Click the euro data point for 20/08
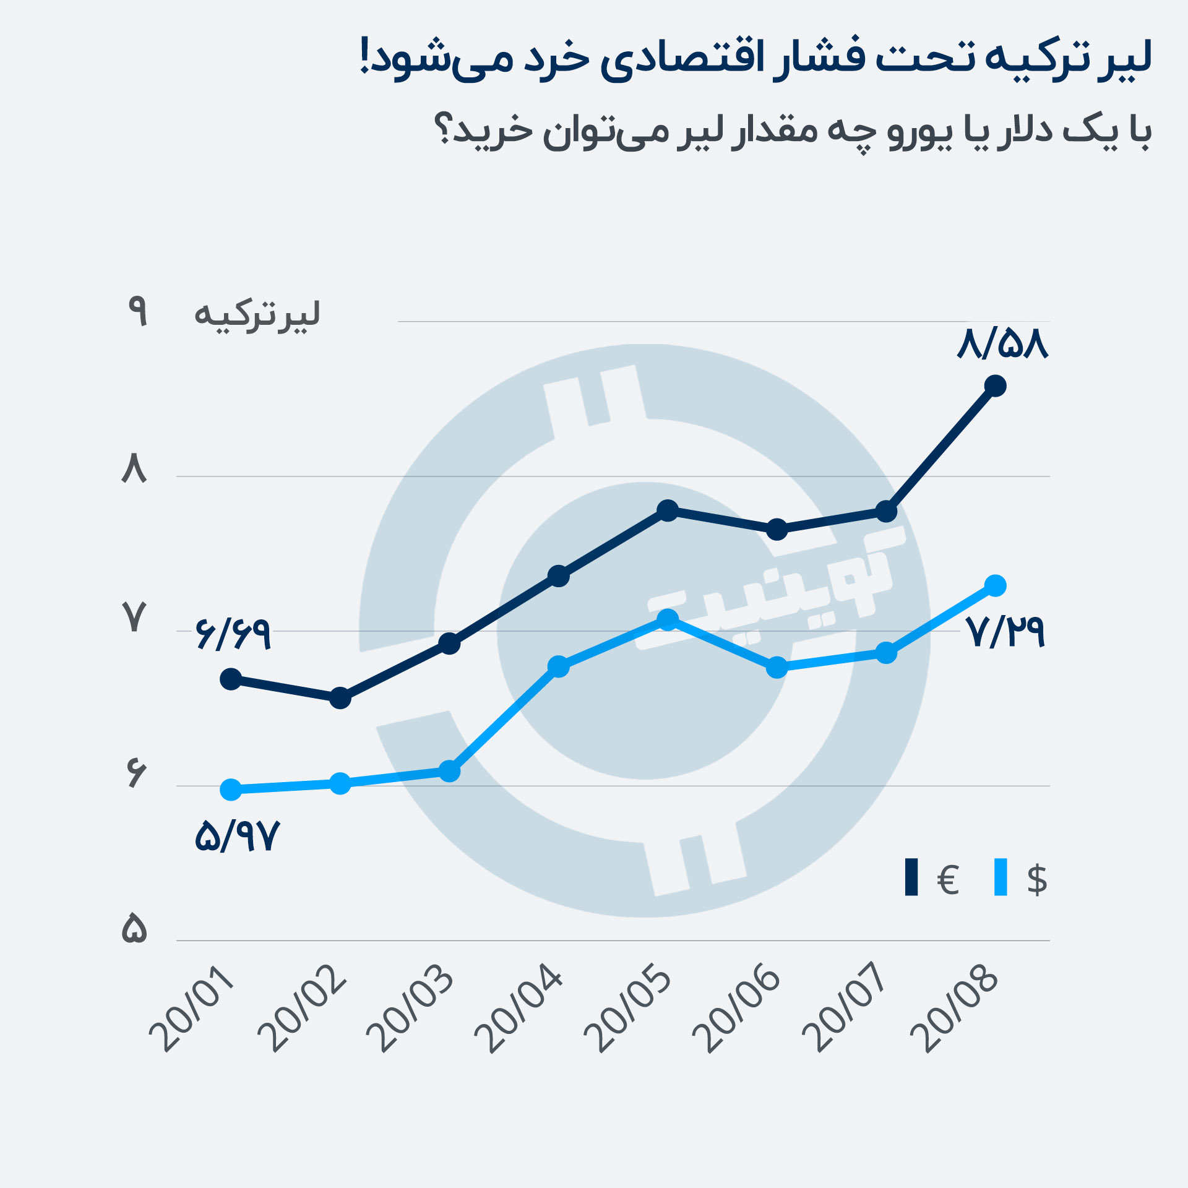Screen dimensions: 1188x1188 [995, 386]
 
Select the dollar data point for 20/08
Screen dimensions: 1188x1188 [995, 585]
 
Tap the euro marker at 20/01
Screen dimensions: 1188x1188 [231, 679]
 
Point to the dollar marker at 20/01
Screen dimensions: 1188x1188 [231, 790]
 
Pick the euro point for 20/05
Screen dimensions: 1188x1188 [668, 510]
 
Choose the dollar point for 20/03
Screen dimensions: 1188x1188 [449, 772]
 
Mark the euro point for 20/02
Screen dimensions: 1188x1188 [340, 699]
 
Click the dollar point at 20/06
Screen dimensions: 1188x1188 [777, 668]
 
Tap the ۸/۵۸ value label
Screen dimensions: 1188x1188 [1002, 345]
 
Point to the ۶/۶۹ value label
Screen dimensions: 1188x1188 [233, 634]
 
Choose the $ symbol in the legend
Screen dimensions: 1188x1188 [1037, 879]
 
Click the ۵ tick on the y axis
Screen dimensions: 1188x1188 [134, 929]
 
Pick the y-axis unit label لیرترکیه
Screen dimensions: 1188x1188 [257, 316]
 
